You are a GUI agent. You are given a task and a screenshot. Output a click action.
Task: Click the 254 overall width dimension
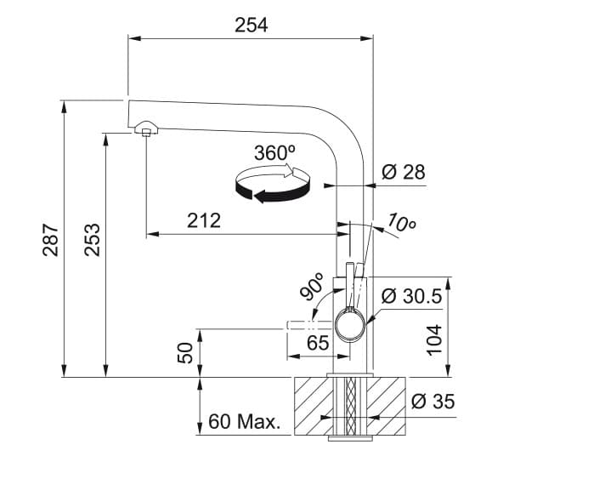(x=251, y=25)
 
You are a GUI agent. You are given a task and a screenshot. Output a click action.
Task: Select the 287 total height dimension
(x=50, y=239)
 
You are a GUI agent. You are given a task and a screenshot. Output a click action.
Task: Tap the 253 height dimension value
(x=93, y=239)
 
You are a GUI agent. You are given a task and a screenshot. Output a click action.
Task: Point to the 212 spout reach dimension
(x=203, y=220)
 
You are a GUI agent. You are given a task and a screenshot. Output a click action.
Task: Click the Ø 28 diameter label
(x=403, y=172)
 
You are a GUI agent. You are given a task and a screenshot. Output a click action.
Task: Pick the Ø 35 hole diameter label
(x=433, y=402)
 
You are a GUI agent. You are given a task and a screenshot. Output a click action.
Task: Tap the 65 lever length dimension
(x=317, y=345)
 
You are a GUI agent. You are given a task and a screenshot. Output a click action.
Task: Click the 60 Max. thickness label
(x=245, y=422)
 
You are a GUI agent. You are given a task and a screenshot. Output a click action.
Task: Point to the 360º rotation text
(x=274, y=153)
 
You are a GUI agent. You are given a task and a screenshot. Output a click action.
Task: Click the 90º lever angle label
(x=312, y=287)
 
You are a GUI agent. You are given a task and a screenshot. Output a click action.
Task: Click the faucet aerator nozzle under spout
(x=146, y=129)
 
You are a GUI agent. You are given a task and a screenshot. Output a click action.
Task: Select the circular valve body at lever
(x=352, y=324)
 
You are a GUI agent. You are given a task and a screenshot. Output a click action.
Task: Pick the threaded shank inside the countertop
(x=349, y=407)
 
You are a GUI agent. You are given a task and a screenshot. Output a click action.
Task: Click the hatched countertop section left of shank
(x=309, y=407)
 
